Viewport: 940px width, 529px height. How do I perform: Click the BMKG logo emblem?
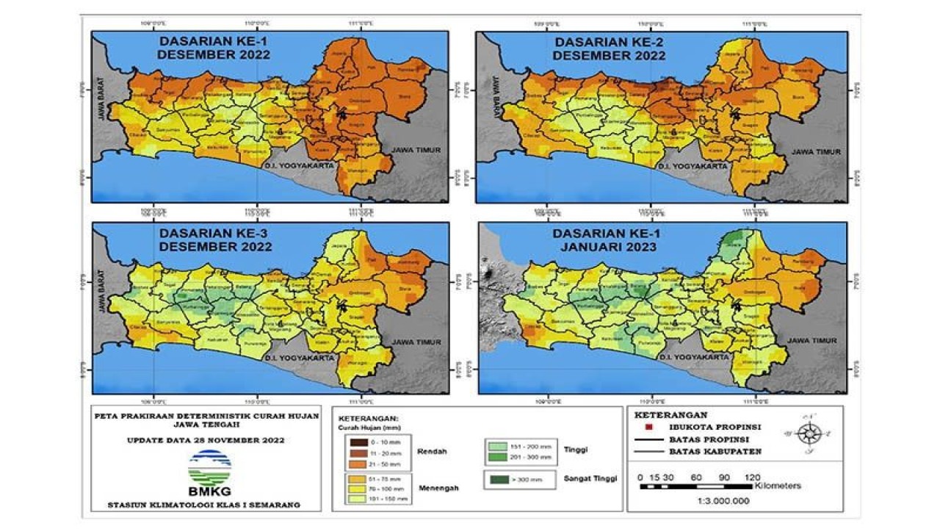pos(209,468)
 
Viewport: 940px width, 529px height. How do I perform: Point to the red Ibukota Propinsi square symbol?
pos(647,427)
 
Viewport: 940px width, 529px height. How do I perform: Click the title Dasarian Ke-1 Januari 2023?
pos(604,241)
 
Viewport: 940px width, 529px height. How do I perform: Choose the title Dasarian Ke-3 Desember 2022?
pos(215,240)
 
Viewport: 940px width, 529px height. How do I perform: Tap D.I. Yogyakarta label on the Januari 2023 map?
pos(687,356)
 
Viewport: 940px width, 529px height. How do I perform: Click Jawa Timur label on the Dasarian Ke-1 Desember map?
pos(416,150)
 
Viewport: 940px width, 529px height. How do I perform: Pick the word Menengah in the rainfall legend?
pos(435,486)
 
